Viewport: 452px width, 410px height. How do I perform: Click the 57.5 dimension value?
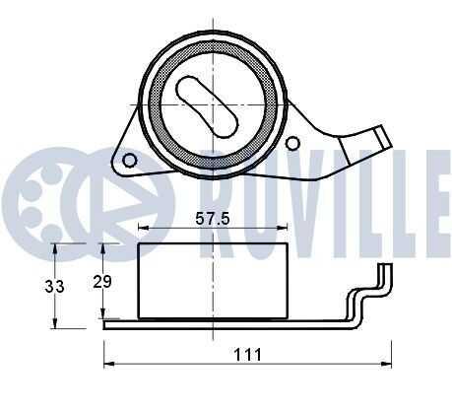[213, 218]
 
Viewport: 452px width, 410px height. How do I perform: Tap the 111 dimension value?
[248, 355]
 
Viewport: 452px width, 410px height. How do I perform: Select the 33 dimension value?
[54, 287]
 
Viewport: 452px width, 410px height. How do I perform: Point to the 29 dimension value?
[102, 282]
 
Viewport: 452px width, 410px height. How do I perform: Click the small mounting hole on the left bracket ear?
[130, 160]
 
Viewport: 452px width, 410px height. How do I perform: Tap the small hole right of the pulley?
[292, 143]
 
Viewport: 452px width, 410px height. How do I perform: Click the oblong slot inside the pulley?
[207, 106]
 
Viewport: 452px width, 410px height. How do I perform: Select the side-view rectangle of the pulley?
[213, 281]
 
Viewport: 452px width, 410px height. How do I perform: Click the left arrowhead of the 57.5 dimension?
[143, 227]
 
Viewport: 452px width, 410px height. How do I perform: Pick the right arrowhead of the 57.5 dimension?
[283, 227]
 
